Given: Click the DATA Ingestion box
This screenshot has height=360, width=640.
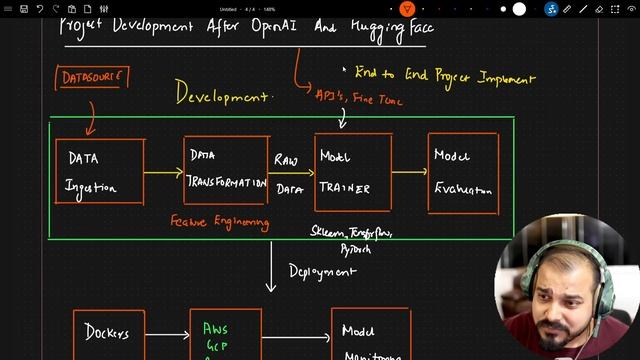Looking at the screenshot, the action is (x=99, y=172).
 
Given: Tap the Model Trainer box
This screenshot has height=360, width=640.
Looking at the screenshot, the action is (x=352, y=172).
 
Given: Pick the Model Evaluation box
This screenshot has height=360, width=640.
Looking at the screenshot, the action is (x=463, y=172).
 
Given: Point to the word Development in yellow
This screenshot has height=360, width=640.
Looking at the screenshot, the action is (x=223, y=94).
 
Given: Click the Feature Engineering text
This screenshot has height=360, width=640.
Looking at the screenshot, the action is (x=220, y=221).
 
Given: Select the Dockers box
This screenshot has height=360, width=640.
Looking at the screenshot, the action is (x=108, y=334).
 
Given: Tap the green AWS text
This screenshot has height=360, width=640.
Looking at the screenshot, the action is (x=216, y=328).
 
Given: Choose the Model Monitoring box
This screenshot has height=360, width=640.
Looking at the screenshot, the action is (x=371, y=335).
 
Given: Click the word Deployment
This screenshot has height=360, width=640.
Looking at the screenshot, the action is (x=322, y=270).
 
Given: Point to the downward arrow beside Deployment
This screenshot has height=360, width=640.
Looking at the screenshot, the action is (x=271, y=266).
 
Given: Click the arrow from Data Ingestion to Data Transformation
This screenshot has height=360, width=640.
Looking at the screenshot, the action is (x=163, y=172).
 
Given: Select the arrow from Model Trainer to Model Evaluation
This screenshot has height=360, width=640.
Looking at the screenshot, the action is (x=409, y=171).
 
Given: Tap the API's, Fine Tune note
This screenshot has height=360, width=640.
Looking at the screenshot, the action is (x=346, y=96).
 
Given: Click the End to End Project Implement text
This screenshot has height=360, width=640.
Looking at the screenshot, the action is (x=444, y=77).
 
